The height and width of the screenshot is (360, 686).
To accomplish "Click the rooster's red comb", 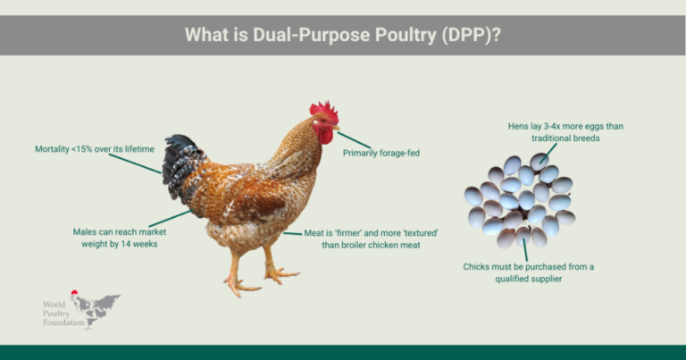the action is tap(324, 111).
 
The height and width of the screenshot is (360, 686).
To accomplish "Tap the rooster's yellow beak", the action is tap(335, 127).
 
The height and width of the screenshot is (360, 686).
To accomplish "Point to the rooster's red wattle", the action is tap(325, 136).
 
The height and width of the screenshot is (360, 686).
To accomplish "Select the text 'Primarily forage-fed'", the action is tap(381, 153).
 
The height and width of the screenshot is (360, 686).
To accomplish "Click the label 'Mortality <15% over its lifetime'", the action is tap(95, 149).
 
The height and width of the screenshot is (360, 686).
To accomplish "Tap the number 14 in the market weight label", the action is tap(127, 244).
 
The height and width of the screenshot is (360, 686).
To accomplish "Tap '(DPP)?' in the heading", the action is tap(472, 35).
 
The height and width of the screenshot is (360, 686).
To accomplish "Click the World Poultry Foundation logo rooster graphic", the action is tap(96, 308).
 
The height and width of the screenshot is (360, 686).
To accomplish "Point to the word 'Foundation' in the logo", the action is tap(63, 322).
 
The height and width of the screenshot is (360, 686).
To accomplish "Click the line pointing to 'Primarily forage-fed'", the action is tap(354, 140).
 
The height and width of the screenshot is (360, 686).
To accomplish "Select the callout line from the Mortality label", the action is tap(135, 163).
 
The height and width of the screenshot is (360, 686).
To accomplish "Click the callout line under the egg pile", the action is tap(525, 250).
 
